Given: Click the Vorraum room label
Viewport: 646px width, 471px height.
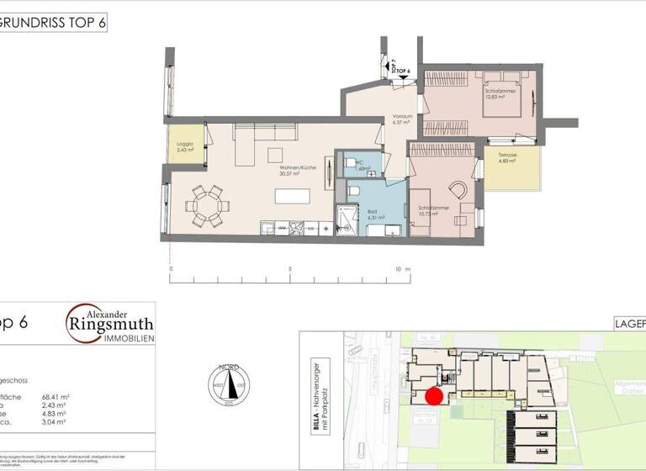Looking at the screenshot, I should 400,119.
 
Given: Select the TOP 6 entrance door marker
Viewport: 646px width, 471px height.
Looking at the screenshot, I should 402,73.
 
